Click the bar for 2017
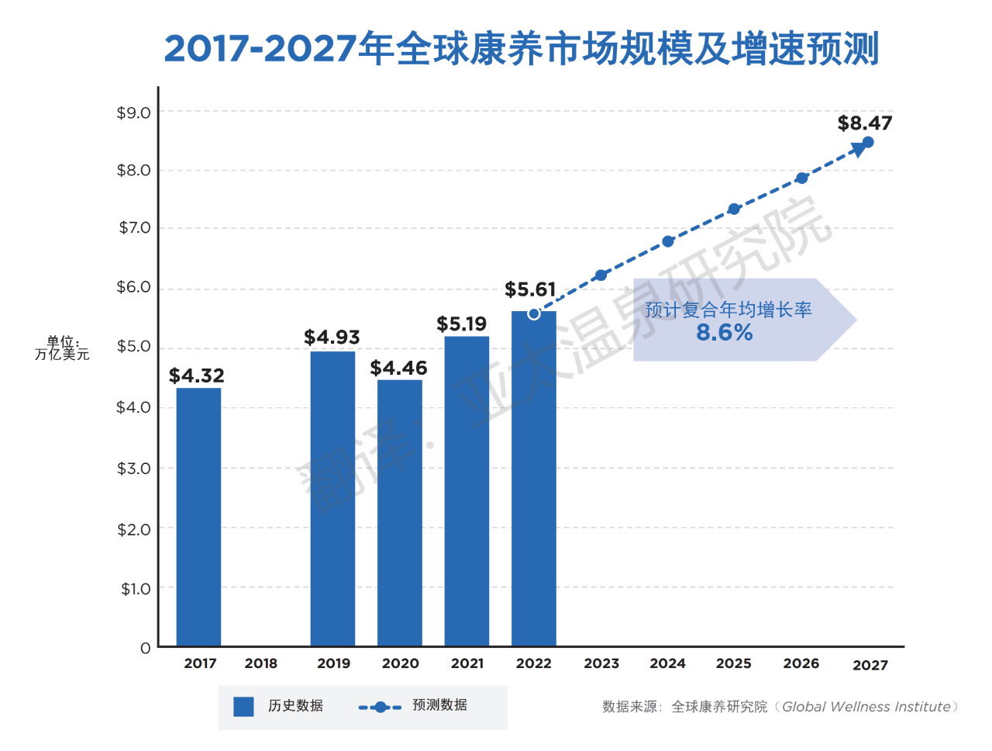[x=198, y=516]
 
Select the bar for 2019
[x=332, y=498]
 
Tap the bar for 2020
[x=400, y=512]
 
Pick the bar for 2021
[x=467, y=490]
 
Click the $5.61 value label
[x=530, y=289]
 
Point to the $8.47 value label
[x=864, y=123]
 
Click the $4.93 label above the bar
[x=332, y=337]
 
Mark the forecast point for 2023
[x=601, y=275]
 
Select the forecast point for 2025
[x=734, y=209]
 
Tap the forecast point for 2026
[x=802, y=178]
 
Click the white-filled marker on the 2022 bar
[x=534, y=313]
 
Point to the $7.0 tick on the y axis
[x=134, y=228]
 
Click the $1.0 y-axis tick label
[x=135, y=589]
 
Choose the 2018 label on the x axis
[x=260, y=663]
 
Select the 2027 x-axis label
[x=870, y=665]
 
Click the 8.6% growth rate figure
[x=724, y=333]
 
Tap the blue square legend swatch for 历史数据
[x=243, y=706]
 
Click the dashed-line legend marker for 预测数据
[x=380, y=707]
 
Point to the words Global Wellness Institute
[x=866, y=707]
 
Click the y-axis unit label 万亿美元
[x=62, y=355]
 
